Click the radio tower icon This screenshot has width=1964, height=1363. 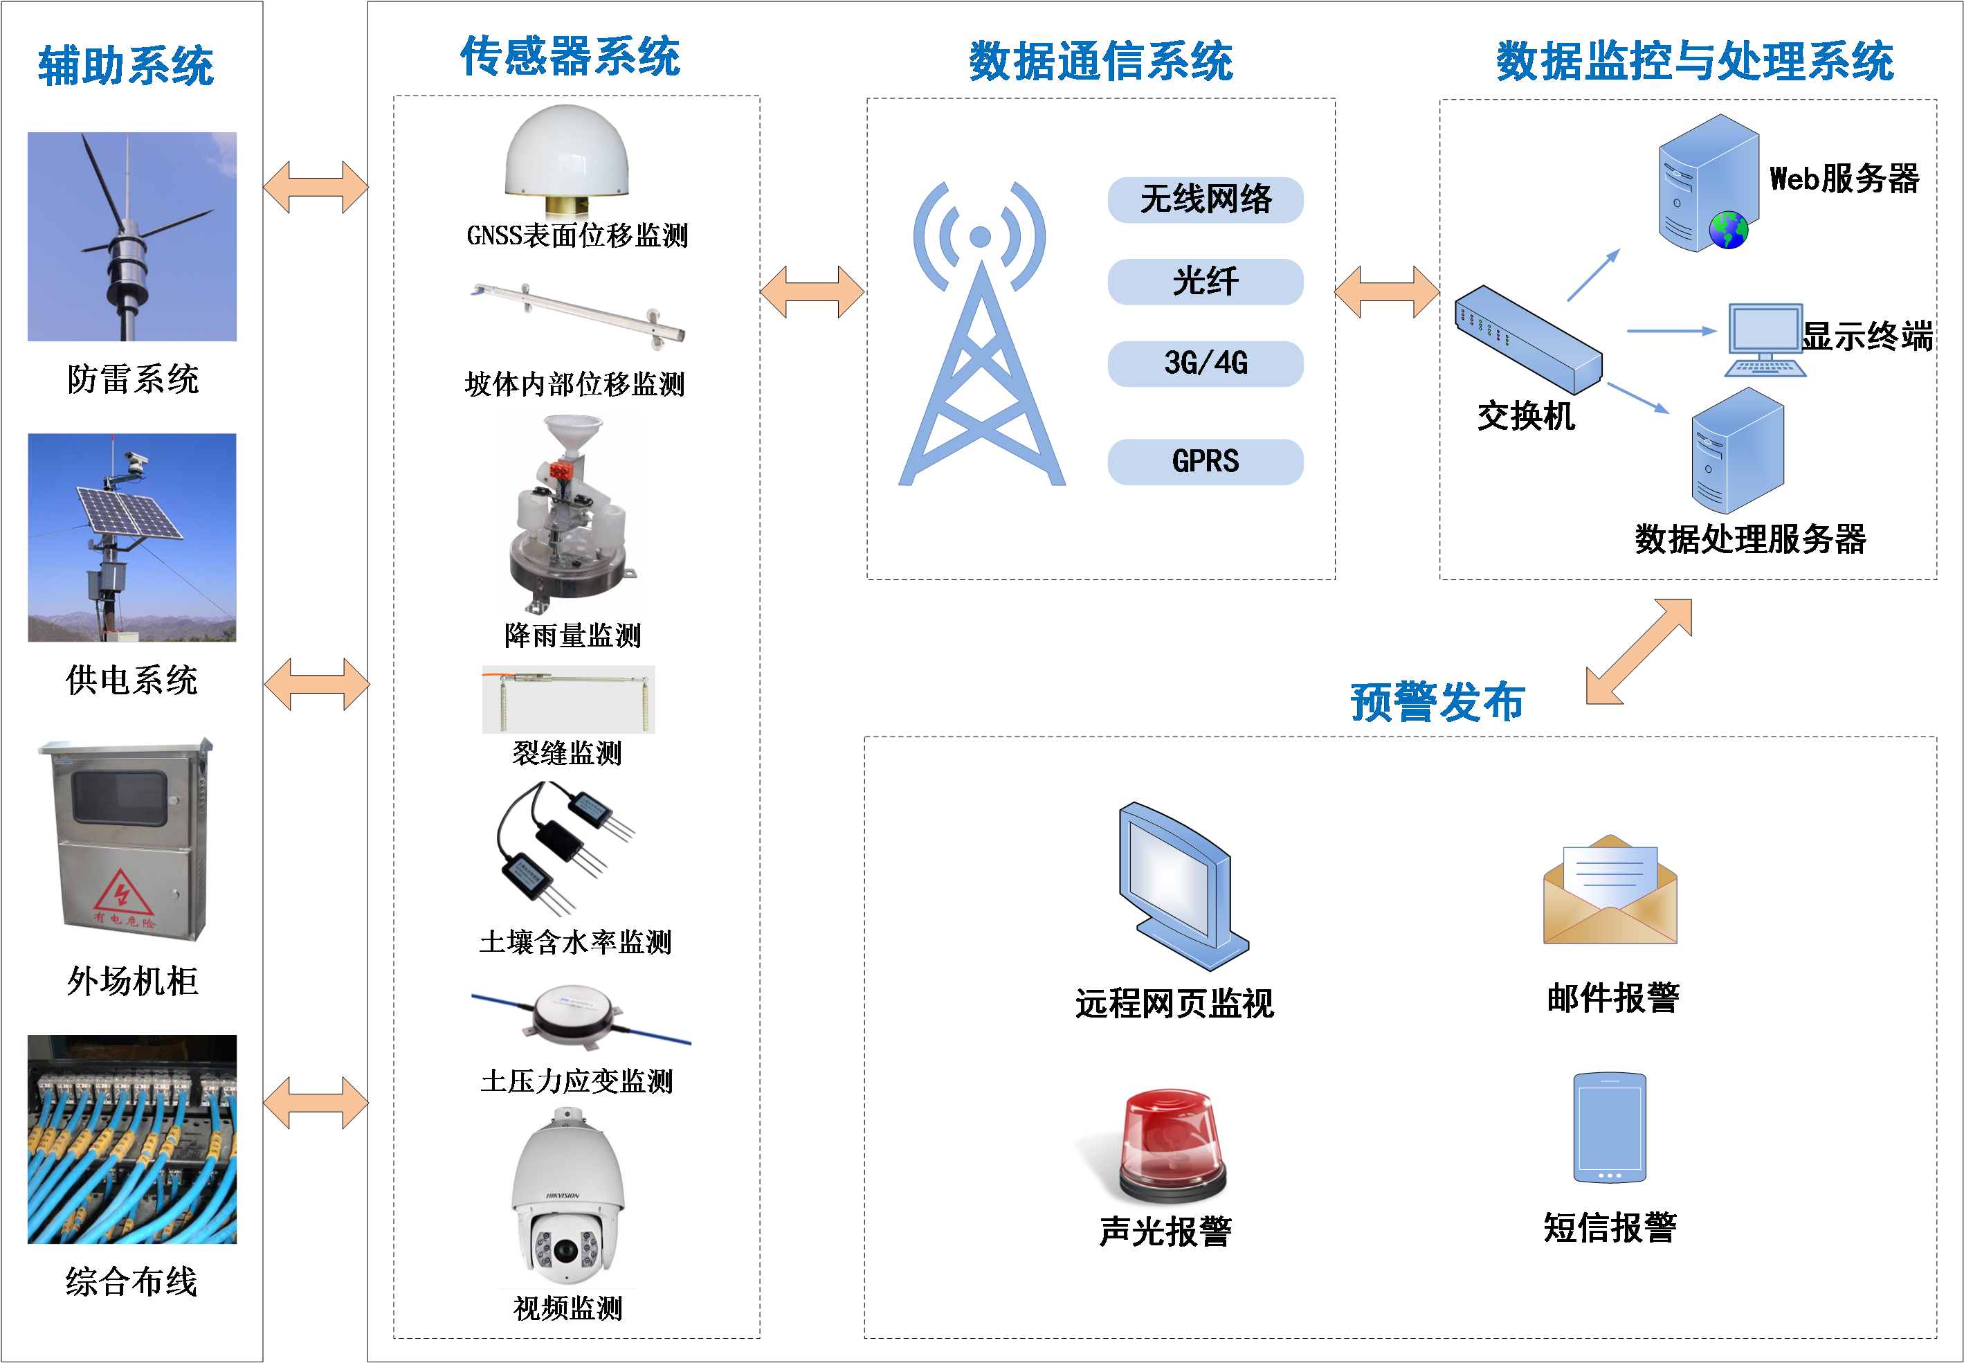coord(981,341)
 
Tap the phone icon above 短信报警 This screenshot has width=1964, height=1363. coord(1609,1127)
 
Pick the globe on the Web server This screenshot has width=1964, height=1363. coord(1729,230)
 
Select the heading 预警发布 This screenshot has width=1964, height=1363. coord(1437,702)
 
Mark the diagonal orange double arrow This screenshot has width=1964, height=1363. coord(1638,651)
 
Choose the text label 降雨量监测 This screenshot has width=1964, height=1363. coord(572,635)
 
